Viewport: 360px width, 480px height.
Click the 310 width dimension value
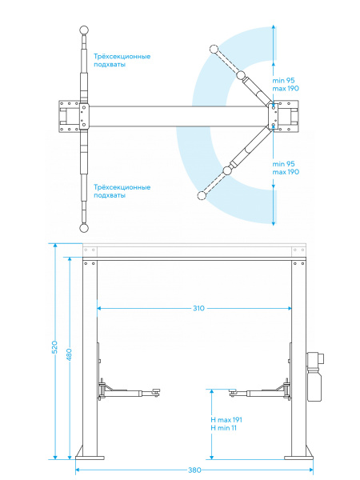coord(198,308)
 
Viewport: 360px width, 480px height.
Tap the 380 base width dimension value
coord(194,470)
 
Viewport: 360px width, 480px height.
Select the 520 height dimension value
coord(54,347)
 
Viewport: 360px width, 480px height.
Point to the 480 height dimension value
coord(69,354)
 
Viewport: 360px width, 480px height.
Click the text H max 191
coord(226,420)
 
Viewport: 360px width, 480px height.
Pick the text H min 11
coord(223,428)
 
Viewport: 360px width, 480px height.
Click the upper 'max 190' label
coord(286,89)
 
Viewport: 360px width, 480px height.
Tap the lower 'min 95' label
coord(283,164)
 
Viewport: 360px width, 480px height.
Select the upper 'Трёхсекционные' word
coord(122,57)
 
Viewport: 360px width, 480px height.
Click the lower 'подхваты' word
coord(110,195)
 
